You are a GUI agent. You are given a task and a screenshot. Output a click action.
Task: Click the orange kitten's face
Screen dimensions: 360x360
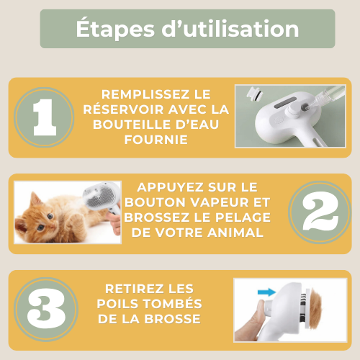(x=40, y=224)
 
